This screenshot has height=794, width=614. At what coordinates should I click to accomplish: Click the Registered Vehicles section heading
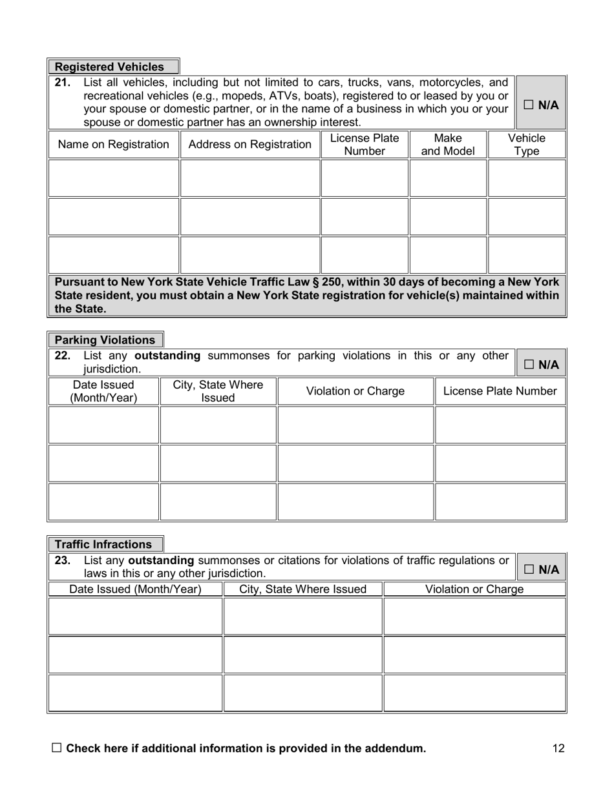point(109,67)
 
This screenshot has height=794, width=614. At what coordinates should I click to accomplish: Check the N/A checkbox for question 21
point(529,105)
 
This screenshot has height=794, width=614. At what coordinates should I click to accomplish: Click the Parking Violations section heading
point(105,340)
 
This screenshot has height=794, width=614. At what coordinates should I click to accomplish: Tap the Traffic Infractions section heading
point(103,544)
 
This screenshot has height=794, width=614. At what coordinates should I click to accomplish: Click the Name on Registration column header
point(114,145)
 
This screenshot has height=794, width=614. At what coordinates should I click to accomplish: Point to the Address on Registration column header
point(249,145)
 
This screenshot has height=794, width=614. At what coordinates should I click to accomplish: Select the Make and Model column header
point(448,145)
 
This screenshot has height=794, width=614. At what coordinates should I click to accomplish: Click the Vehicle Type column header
point(527,145)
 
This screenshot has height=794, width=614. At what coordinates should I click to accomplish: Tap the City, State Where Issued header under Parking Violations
point(218,392)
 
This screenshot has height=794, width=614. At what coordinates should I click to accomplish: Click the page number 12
point(558,749)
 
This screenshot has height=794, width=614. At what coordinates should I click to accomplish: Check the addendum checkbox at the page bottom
point(57,748)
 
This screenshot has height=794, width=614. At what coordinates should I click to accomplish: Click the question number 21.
point(63,83)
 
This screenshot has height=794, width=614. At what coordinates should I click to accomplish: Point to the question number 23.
point(63,560)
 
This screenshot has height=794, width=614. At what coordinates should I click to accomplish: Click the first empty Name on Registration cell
point(114,178)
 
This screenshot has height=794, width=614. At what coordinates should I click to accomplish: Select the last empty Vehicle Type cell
point(527,255)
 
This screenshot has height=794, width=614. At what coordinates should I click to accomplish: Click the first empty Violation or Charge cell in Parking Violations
point(355,425)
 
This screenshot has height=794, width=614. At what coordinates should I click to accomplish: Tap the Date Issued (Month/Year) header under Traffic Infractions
point(135,589)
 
